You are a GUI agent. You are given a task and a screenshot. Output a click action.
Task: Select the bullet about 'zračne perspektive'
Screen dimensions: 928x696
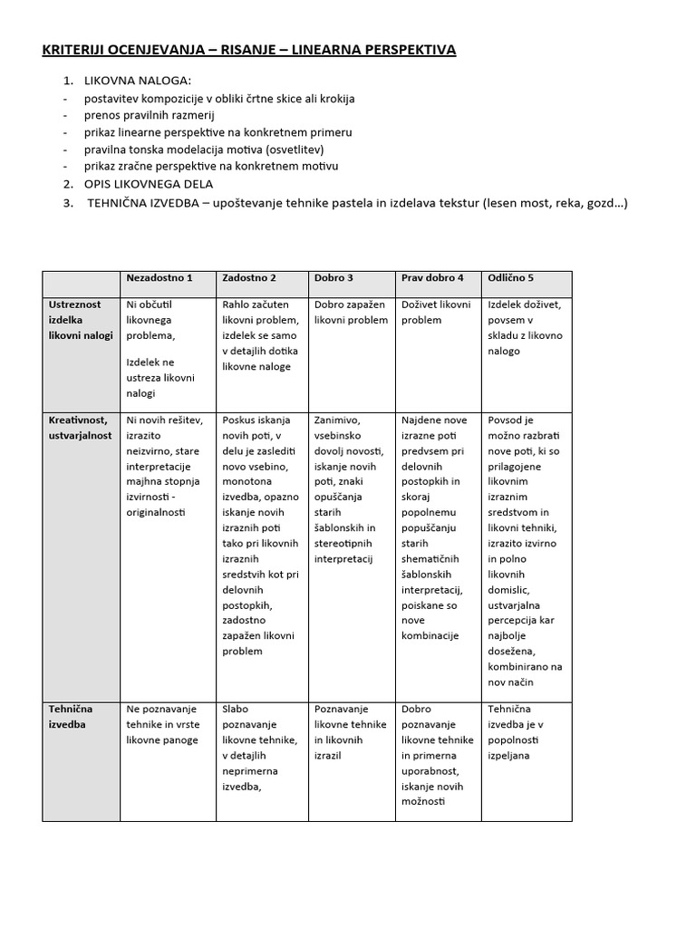click(211, 167)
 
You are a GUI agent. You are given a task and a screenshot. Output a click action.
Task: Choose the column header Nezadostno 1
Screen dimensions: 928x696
click(159, 277)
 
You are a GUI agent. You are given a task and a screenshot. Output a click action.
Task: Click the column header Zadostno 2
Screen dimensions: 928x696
click(249, 277)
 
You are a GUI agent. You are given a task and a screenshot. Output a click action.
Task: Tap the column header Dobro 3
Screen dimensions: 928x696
click(333, 277)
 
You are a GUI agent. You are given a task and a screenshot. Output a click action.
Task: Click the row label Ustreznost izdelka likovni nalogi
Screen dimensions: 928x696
click(81, 321)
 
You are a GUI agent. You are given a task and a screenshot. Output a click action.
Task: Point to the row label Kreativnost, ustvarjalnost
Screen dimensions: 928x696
click(81, 428)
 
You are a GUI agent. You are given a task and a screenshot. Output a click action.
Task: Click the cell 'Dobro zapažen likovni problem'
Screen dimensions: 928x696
click(351, 313)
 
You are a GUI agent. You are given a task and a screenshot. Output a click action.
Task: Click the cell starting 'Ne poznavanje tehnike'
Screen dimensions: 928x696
click(165, 725)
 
